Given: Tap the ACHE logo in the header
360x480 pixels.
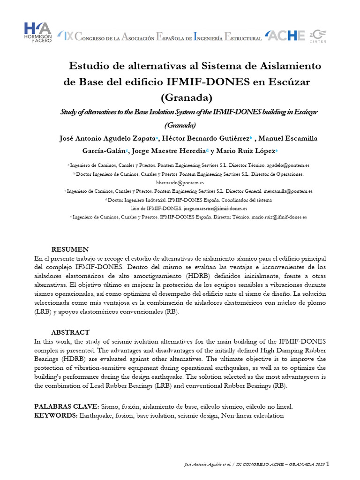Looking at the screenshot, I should pos(285,36).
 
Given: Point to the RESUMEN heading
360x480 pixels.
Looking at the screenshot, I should pos(70,249).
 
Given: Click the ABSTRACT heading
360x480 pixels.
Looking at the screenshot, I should pos(70,332).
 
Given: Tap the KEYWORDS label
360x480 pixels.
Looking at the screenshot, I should pos(56,415).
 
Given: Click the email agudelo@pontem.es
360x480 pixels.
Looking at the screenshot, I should pos(288,166).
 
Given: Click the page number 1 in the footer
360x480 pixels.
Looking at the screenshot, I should pos(328,464).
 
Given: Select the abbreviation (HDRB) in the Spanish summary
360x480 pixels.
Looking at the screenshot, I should pos(199,276).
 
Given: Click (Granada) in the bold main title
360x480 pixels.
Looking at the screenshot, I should pos(186,98).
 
